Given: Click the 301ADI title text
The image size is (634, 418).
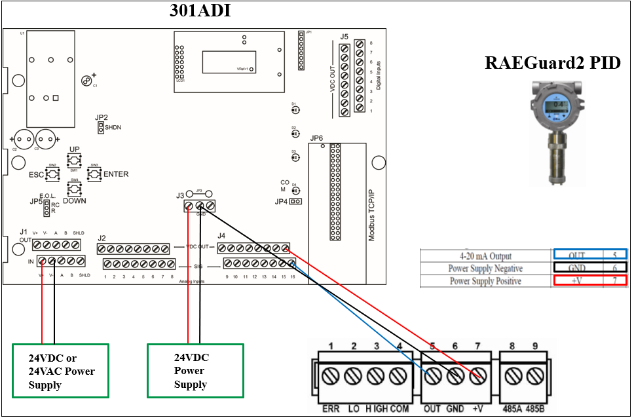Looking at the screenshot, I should [200, 11].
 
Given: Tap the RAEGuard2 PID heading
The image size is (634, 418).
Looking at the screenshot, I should [552, 63].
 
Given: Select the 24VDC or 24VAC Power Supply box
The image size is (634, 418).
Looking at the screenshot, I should [60, 371].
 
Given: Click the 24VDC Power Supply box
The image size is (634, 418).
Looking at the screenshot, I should [195, 371].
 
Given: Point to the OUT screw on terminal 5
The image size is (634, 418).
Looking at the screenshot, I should [432, 377].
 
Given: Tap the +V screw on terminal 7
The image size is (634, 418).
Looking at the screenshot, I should [478, 377].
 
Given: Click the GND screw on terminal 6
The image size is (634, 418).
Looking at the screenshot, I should [455, 377].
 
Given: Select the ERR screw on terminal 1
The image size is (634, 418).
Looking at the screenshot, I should [332, 377].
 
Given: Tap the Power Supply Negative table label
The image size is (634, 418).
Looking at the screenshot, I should [485, 268].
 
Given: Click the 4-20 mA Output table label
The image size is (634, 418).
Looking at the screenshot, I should [485, 256].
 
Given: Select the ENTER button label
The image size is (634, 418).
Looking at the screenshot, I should [116, 174].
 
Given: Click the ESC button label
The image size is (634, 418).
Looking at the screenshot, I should [37, 175].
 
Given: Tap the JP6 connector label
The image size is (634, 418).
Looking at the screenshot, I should [316, 138].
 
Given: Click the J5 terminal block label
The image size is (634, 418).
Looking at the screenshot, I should [345, 36].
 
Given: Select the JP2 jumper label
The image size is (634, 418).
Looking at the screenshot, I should [101, 117].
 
